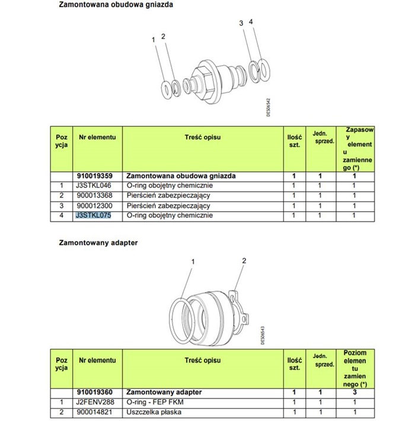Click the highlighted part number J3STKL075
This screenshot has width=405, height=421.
pyautogui.click(x=94, y=215)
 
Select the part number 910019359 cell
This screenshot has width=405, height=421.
pyautogui.click(x=95, y=176)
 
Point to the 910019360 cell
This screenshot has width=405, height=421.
pyautogui.click(x=95, y=392)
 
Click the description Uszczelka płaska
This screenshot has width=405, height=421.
pyautogui.click(x=152, y=411)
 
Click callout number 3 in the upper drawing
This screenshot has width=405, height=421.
pyautogui.click(x=241, y=23)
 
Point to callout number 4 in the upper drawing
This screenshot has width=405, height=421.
pyautogui.click(x=251, y=21)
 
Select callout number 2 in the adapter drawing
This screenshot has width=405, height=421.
pyautogui.click(x=244, y=260)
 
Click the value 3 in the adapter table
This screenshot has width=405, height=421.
pyautogui.click(x=354, y=392)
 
